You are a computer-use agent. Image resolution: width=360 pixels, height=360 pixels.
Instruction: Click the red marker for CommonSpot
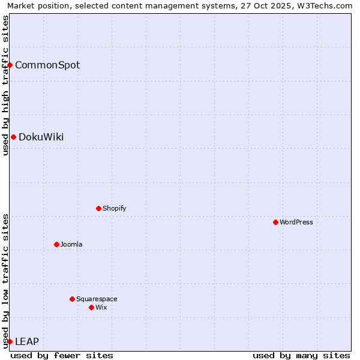point(10,65)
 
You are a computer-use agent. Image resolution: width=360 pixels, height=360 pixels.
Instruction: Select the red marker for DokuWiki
point(13,137)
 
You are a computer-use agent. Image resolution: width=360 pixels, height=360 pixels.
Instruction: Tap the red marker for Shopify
point(98,208)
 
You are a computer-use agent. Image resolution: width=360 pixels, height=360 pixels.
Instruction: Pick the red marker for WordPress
point(275,222)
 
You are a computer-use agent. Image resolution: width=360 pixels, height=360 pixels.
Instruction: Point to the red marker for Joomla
point(56,244)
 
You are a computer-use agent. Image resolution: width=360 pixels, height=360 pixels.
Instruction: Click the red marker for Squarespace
point(72,299)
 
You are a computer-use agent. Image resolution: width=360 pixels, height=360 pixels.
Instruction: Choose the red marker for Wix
point(91,307)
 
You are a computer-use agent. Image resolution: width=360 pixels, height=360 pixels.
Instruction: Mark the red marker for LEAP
point(10,341)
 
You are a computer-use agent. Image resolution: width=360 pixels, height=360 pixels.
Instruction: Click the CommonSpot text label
point(47,65)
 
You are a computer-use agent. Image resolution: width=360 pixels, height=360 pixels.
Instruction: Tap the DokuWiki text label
point(41,137)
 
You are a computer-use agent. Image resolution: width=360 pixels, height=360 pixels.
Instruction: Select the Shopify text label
point(114,208)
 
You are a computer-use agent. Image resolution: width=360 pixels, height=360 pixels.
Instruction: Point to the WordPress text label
point(296,222)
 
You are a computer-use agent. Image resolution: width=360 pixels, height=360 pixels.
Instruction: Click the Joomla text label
point(71,244)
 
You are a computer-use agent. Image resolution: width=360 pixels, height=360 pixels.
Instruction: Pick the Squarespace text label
point(97,299)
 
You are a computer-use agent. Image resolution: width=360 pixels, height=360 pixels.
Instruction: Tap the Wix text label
point(101,307)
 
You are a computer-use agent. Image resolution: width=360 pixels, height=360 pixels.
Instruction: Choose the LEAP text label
point(27,341)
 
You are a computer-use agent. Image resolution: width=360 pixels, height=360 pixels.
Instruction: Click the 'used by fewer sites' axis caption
point(62,355)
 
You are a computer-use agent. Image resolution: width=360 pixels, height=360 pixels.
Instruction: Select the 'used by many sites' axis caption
point(301,355)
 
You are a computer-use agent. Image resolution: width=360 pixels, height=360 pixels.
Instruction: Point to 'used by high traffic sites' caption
point(5,85)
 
